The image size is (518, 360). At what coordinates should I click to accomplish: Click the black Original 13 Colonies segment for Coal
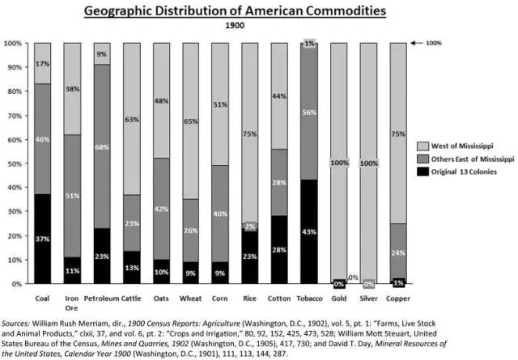43,239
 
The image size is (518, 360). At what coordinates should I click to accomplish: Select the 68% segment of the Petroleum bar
102,146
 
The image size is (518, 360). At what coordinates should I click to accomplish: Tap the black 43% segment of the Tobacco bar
308,232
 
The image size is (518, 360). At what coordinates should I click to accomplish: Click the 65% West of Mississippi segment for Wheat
190,121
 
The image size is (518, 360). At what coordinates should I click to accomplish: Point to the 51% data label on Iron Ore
72,196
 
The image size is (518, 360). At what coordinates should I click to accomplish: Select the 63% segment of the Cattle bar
131,119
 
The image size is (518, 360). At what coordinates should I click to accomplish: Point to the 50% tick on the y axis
15,163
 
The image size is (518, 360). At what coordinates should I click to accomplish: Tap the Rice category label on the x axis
249,298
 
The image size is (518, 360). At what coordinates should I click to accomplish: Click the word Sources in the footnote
18,311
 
